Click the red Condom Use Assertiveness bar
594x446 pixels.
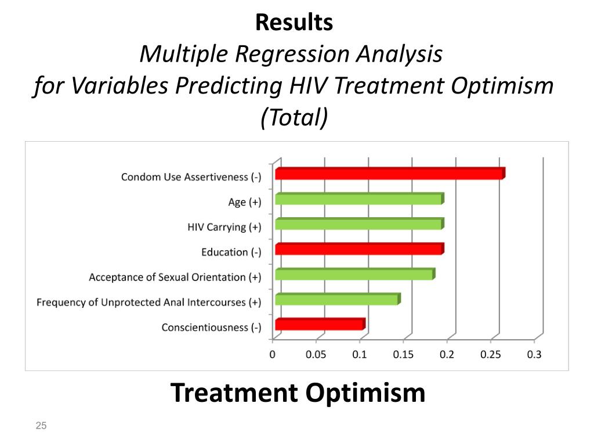tap(390, 174)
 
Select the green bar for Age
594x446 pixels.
tap(359, 199)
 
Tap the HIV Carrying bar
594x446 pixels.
tap(359, 224)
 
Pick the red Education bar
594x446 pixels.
tap(359, 249)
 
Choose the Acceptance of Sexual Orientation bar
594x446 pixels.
tap(354, 275)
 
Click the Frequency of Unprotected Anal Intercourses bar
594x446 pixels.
tap(337, 300)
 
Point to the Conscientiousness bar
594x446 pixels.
tap(320, 325)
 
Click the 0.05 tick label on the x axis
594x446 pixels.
tap(316, 354)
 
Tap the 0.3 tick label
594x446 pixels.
tap(534, 354)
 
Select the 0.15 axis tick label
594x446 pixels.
tap(403, 354)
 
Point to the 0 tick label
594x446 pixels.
tap(273, 354)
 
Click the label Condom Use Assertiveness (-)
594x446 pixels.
tap(191, 177)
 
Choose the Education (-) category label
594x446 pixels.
tap(231, 252)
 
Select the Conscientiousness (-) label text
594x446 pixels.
tap(211, 328)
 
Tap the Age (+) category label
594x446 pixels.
tap(244, 202)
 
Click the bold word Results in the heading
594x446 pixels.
tap(294, 23)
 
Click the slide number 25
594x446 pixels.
tap(41, 426)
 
